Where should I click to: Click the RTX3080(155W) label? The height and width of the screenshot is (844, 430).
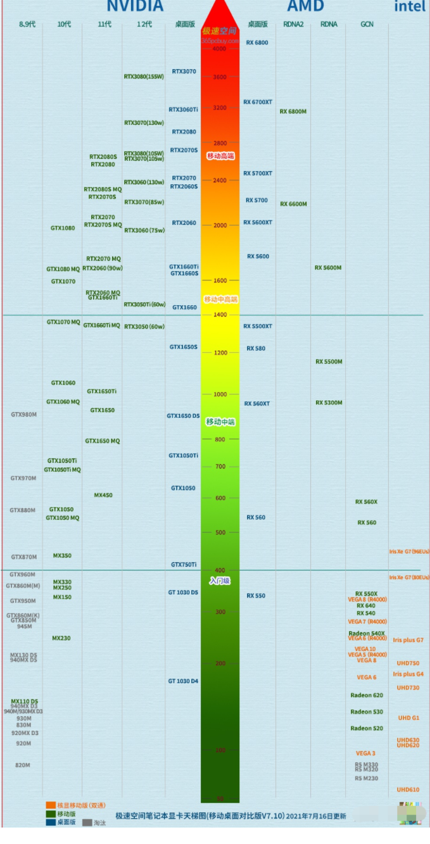point(144,77)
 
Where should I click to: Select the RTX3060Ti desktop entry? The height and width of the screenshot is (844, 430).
point(183,110)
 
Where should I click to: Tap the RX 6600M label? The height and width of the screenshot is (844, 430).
point(293,204)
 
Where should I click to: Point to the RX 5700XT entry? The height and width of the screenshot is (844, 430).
point(258,173)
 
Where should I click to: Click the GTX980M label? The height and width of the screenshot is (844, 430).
point(23,415)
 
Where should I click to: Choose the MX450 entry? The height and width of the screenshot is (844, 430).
point(103,495)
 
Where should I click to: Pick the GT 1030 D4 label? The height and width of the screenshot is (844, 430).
point(183,681)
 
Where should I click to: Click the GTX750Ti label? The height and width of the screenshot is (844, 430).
point(184,564)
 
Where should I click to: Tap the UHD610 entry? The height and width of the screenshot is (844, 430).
point(408,790)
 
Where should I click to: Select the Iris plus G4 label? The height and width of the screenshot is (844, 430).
point(408,674)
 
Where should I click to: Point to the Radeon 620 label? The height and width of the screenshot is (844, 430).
point(367,695)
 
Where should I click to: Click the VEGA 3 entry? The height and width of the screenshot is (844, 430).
point(365,753)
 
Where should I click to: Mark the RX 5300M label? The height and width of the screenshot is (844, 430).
point(329,403)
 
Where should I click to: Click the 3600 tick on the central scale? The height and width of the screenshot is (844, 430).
point(220,77)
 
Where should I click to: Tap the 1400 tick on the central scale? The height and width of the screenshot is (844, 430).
point(220,314)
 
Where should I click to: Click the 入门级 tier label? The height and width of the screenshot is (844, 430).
point(220,580)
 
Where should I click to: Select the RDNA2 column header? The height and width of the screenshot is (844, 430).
point(294,24)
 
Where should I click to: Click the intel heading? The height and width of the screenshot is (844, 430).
point(410,6)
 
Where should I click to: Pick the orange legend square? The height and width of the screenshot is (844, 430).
point(51,805)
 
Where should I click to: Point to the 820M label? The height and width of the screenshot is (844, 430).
point(23,765)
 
